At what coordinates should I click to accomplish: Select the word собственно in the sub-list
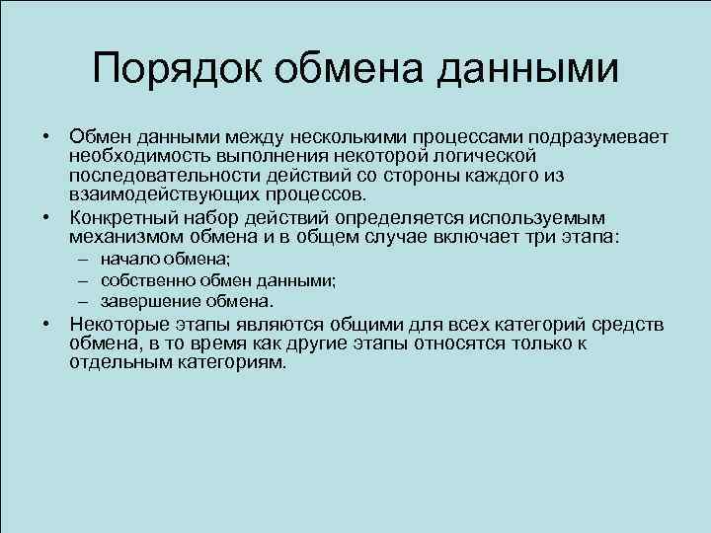[145, 280]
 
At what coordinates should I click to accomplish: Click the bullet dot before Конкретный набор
[47, 218]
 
